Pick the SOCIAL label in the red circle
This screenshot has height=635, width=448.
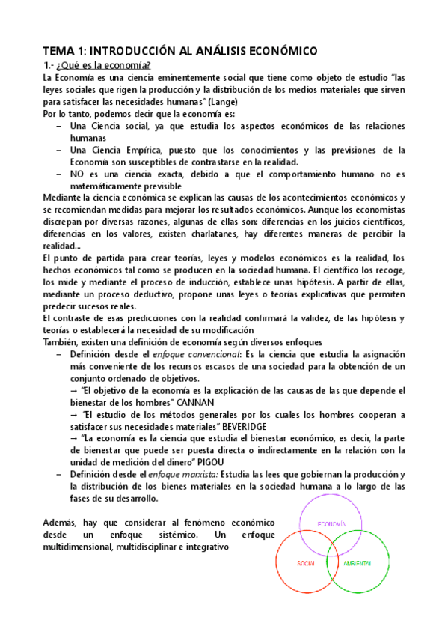306,562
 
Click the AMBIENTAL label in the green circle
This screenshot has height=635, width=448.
360,562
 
